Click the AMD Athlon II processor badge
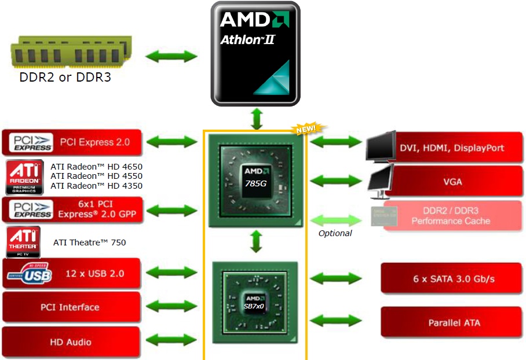pyautogui.click(x=255, y=53)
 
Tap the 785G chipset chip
pyautogui.click(x=255, y=178)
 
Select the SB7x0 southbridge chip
pyautogui.click(x=255, y=302)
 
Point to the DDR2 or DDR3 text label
pyautogui.click(x=65, y=77)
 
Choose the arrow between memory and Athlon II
pyautogui.click(x=171, y=57)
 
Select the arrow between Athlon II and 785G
pyautogui.click(x=255, y=118)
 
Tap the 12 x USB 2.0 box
pyautogui.click(x=72, y=273)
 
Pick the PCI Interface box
pyautogui.click(x=72, y=307)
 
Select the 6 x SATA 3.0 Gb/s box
pyautogui.click(x=452, y=278)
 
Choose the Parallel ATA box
pyautogui.click(x=452, y=322)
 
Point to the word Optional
pyautogui.click(x=335, y=233)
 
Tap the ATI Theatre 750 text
pyautogui.click(x=89, y=243)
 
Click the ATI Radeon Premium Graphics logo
pyautogui.click(x=24, y=177)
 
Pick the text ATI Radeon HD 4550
pyautogui.click(x=96, y=176)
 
